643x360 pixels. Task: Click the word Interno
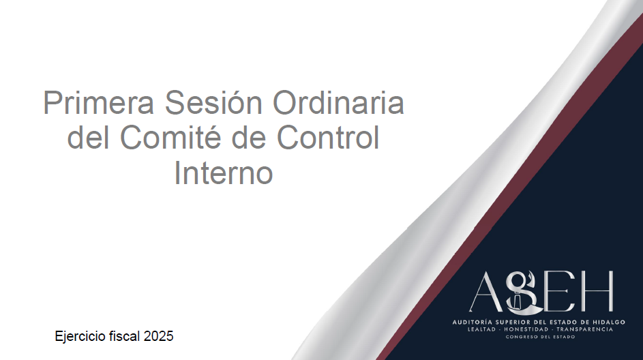pos(224,172)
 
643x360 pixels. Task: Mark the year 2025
pos(158,336)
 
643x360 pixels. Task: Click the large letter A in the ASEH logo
pos(486,292)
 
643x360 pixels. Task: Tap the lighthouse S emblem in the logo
pos(520,292)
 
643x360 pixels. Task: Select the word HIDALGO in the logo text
pos(610,322)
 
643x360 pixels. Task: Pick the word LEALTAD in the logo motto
pos(481,329)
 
